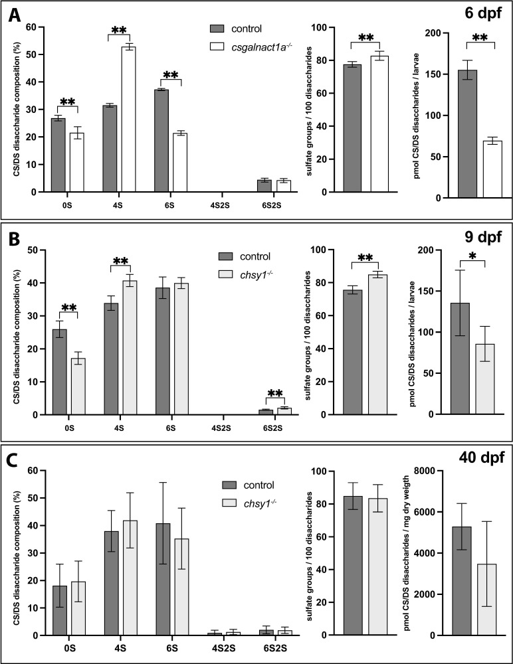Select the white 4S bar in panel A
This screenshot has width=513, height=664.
click(x=127, y=120)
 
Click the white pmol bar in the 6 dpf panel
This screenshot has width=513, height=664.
click(x=492, y=169)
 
